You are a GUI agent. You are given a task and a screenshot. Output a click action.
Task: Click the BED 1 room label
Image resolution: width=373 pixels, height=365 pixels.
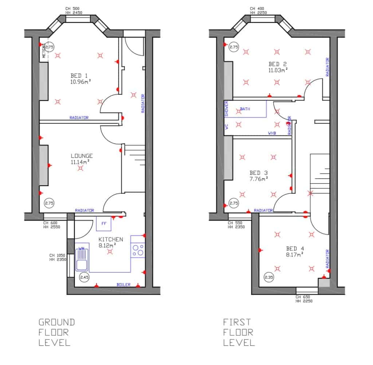[79, 75]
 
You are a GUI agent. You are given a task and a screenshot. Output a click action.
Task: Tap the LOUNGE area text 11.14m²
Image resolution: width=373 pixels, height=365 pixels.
[80, 162]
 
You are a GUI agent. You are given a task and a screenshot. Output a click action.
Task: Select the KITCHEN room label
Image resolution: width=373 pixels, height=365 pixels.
[111, 239]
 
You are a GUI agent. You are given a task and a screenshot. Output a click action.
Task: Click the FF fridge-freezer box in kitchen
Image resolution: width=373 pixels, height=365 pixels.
[104, 224]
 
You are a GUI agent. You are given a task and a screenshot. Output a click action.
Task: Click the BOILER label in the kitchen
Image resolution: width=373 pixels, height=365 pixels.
[123, 284]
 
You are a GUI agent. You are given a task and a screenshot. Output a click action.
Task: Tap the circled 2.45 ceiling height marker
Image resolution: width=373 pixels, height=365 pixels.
[84, 277]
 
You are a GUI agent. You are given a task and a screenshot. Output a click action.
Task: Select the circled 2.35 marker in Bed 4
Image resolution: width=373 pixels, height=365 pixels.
[269, 277]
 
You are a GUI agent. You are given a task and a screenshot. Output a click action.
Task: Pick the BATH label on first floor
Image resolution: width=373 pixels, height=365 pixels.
[245, 109]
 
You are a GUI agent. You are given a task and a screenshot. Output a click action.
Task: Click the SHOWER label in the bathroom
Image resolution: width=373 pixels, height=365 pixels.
[226, 109]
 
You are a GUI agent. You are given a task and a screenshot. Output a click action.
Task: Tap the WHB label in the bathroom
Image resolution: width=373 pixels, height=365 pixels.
[272, 133]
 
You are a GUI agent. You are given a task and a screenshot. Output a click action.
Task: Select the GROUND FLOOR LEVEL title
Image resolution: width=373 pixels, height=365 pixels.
[56, 332]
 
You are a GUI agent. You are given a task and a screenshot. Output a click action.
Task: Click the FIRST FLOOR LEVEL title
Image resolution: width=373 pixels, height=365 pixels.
[239, 332]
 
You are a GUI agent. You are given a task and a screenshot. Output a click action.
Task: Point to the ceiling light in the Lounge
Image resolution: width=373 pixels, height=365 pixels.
[81, 168]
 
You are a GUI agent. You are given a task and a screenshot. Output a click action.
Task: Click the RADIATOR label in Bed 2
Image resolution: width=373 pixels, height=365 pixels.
[327, 67]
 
